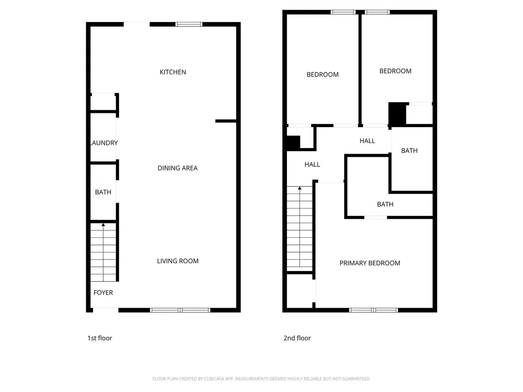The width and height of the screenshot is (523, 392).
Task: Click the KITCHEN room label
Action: [173, 72]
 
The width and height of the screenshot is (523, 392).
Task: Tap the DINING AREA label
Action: [177, 168]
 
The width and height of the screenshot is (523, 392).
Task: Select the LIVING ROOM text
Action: [178, 261]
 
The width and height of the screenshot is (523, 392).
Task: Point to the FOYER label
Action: [103, 292]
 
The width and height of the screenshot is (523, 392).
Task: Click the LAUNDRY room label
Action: [104, 143]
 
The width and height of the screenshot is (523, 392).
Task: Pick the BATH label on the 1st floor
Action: [103, 192]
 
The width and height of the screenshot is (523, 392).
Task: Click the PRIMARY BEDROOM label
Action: [370, 263]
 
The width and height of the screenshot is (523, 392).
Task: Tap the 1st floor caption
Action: [100, 338]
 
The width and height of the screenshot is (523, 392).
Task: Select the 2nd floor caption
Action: [297, 338]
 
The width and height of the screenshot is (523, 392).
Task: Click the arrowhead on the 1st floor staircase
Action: [103, 225]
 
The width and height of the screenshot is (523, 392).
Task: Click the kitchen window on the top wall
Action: [189, 24]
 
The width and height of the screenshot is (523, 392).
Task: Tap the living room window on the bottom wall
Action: [180, 310]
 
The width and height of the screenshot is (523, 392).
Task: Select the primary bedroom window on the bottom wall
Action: [373, 310]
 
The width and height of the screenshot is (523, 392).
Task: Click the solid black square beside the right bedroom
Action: [397, 114]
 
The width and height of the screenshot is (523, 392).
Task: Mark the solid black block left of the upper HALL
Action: [293, 143]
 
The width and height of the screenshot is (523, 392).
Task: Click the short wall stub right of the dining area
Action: [226, 121]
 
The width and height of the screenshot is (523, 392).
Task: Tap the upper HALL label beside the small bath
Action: [367, 141]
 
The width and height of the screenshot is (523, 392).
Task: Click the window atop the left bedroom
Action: [343, 12]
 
